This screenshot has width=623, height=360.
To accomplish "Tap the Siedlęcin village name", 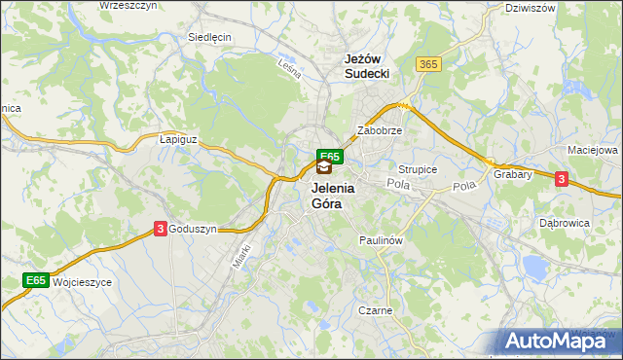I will tap(208, 37).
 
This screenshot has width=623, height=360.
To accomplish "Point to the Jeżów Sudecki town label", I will tap(367, 66).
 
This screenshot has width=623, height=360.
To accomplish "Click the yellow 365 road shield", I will tap(428, 64).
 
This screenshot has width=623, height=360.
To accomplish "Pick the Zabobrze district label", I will tap(380, 129).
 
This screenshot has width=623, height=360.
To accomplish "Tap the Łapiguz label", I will tap(178, 140).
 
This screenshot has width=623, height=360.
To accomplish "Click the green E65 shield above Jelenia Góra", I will tap(329, 156).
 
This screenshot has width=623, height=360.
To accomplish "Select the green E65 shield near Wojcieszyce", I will tap(36, 281).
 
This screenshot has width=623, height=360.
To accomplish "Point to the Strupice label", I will tap(418, 169).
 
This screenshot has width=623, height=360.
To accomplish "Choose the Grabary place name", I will tap(512, 175).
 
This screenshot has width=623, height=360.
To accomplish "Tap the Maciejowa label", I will tap(593, 151).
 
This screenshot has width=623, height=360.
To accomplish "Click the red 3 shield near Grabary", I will tap(562, 178).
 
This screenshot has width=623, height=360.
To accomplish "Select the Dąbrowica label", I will tap(565, 223).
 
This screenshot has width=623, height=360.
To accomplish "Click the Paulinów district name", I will tap(381, 238).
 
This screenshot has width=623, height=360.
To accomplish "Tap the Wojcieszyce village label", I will tap(83, 282).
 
